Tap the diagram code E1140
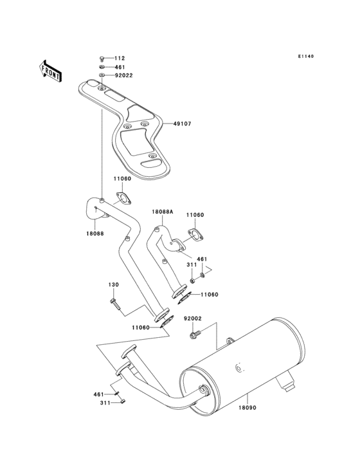coord(305,57)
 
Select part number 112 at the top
coord(120,59)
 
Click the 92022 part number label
coord(123,75)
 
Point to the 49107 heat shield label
coord(182,124)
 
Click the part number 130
coord(113,284)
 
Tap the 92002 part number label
coord(193,319)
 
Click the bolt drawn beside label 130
coord(115,302)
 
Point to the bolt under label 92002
coord(194,334)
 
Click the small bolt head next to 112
coord(102,59)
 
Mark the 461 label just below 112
coord(120,67)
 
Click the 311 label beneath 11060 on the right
coord(192,264)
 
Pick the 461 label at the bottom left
coord(98,394)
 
